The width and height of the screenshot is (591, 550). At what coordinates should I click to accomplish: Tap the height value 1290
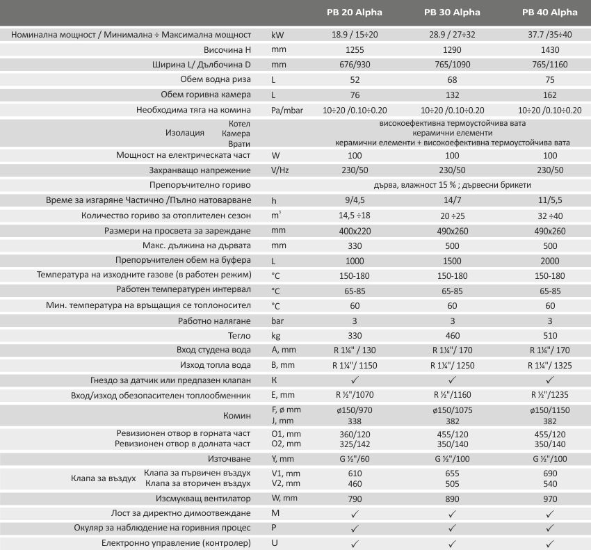(x=452, y=50)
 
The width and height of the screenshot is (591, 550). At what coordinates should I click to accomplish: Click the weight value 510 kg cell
(x=549, y=334)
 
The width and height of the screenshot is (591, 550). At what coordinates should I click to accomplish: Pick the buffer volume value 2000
(x=549, y=261)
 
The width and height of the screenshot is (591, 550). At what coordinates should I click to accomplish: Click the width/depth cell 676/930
(x=355, y=65)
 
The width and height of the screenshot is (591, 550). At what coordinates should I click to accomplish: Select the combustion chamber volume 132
(x=452, y=95)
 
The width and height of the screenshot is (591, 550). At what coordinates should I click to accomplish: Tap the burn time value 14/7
(x=452, y=200)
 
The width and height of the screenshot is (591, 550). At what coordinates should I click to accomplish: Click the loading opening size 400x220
(x=355, y=231)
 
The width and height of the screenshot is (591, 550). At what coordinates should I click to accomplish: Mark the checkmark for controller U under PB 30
(x=452, y=543)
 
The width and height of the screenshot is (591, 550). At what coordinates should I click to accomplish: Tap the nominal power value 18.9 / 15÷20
(x=355, y=34)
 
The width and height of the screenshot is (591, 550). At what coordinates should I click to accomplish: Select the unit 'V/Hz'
(x=280, y=170)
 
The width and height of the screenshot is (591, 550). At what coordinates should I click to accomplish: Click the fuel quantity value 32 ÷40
(x=549, y=216)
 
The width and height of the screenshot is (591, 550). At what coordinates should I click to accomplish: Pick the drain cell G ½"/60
(x=355, y=460)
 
